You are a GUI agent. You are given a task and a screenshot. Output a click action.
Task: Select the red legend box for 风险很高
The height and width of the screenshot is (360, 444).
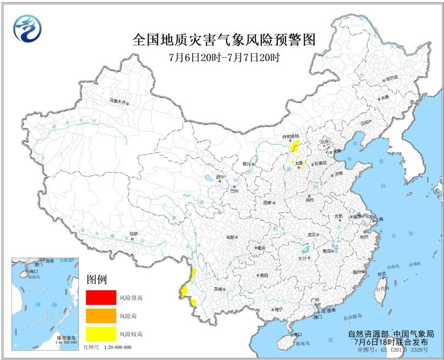pyautogui.click(x=100, y=297)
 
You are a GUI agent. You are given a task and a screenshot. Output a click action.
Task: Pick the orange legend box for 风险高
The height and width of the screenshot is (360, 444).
pyautogui.click(x=100, y=315)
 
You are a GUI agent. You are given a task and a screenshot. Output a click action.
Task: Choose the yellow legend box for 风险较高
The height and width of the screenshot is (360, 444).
pyautogui.click(x=100, y=333)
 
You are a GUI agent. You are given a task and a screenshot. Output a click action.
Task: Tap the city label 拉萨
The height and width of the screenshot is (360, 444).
pyautogui.click(x=133, y=234)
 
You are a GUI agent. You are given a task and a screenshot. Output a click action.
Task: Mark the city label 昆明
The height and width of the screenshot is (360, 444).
pyautogui.click(x=218, y=289)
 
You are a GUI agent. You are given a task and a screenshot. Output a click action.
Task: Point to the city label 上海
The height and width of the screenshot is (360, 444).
pyautogui.click(x=381, y=219)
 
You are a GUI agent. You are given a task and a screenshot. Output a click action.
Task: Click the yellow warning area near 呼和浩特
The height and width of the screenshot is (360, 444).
pyautogui.click(x=294, y=146)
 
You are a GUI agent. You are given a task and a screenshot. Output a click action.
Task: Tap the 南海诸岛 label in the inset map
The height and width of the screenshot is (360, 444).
pyautogui.click(x=65, y=337)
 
